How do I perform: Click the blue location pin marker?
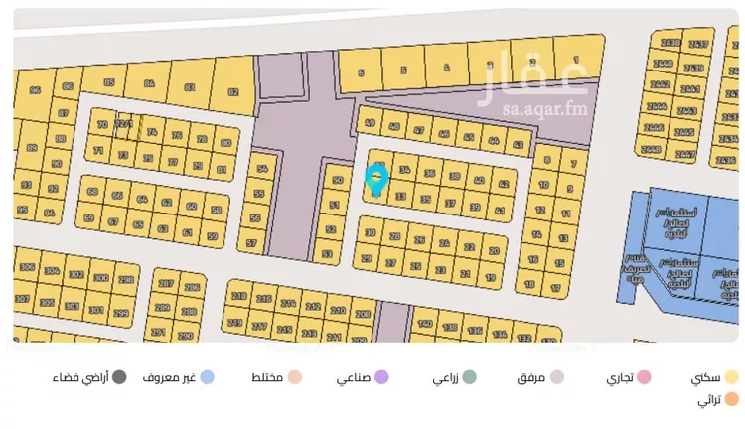point(375,179)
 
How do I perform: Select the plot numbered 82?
point(233,91)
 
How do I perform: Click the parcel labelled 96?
point(35,90)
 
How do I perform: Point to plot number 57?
point(251,243)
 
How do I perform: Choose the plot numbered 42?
point(503,184)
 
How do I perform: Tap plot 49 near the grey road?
point(370,124)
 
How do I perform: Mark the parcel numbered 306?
point(28,269)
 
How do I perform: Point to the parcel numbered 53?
point(328,254)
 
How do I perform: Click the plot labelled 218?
point(238,297)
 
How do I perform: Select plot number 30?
point(370,233)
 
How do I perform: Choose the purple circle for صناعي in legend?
point(381,377)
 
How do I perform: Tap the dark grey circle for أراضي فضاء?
point(119,377)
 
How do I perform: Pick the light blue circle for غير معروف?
point(207,377)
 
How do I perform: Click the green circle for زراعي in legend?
point(469,377)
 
